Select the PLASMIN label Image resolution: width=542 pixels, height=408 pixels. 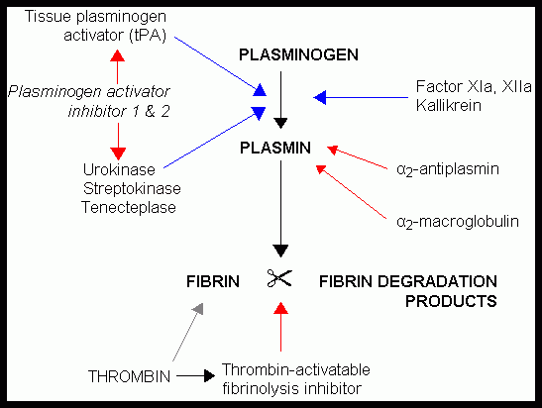pos(281,149)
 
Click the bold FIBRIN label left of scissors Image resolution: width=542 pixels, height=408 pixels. pos(213,281)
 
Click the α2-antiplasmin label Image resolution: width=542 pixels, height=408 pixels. pos(446,169)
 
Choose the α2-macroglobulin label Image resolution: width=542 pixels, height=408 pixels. pos(457,222)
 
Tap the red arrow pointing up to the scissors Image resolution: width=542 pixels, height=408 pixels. pos(281,329)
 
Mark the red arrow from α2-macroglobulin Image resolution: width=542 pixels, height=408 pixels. pos(353,190)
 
